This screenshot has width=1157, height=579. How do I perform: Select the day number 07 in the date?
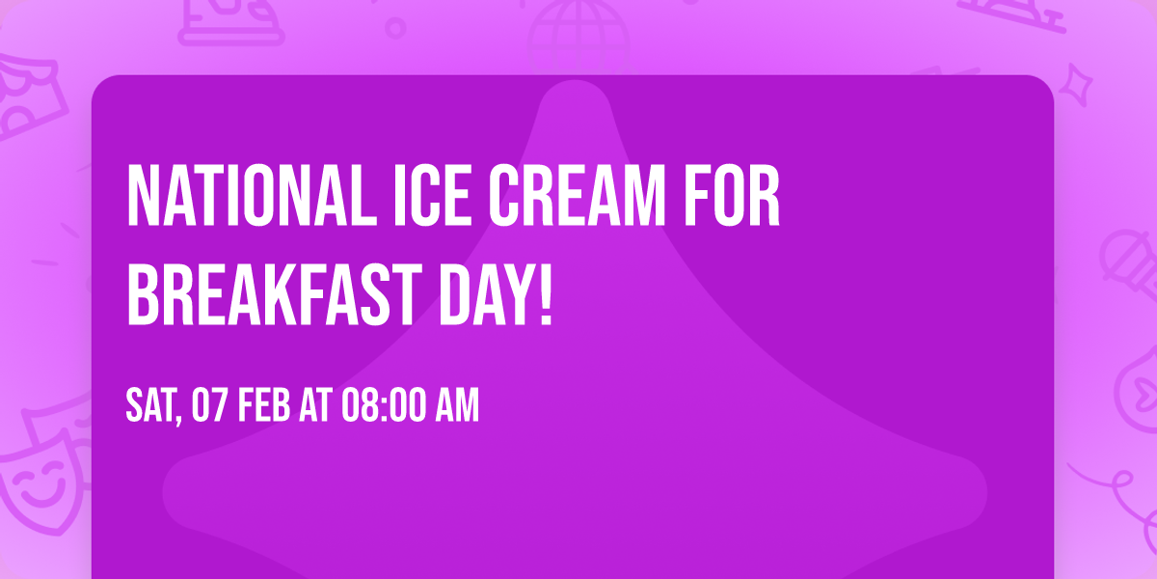point(210,406)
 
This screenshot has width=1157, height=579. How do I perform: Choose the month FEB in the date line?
point(263,406)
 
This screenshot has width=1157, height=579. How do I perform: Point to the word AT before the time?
point(315,406)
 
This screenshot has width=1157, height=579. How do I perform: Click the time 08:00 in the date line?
point(381,406)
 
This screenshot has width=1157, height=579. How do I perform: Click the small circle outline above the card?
point(394,26)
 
